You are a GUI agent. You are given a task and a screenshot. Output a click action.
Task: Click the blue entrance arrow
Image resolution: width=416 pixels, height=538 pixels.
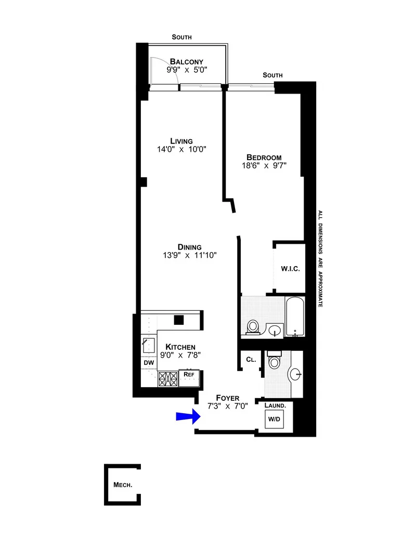(187, 415)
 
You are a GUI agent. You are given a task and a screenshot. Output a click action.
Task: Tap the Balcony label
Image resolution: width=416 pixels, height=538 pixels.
(182, 61)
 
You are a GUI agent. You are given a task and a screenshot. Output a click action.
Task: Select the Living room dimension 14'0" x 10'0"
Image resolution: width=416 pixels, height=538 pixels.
(181, 149)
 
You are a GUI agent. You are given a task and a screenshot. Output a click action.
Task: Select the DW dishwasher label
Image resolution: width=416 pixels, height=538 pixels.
(149, 362)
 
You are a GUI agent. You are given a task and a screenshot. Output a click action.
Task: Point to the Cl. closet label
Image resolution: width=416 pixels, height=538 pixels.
(251, 359)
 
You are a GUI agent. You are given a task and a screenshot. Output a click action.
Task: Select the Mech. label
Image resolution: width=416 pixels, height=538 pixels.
(123, 485)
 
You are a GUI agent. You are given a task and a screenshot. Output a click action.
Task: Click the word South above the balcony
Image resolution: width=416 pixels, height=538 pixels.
(182, 37)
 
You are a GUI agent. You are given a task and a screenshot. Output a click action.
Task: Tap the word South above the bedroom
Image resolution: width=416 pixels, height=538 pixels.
(272, 75)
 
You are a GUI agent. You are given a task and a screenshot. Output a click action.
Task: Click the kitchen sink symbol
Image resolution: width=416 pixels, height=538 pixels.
(149, 344)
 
